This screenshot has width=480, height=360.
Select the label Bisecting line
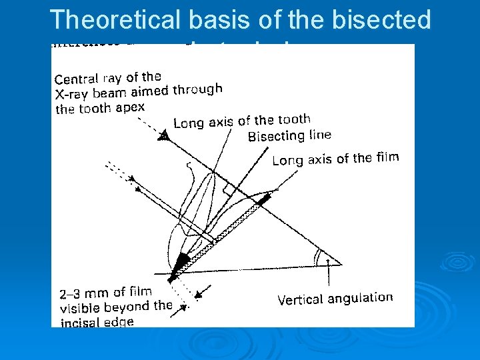pyautogui.click(x=289, y=136)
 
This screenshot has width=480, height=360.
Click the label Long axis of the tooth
pyautogui.click(x=241, y=121)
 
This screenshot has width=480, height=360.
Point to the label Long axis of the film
pyautogui.click(x=335, y=159)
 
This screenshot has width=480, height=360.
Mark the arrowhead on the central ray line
pyautogui.click(x=163, y=136)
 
